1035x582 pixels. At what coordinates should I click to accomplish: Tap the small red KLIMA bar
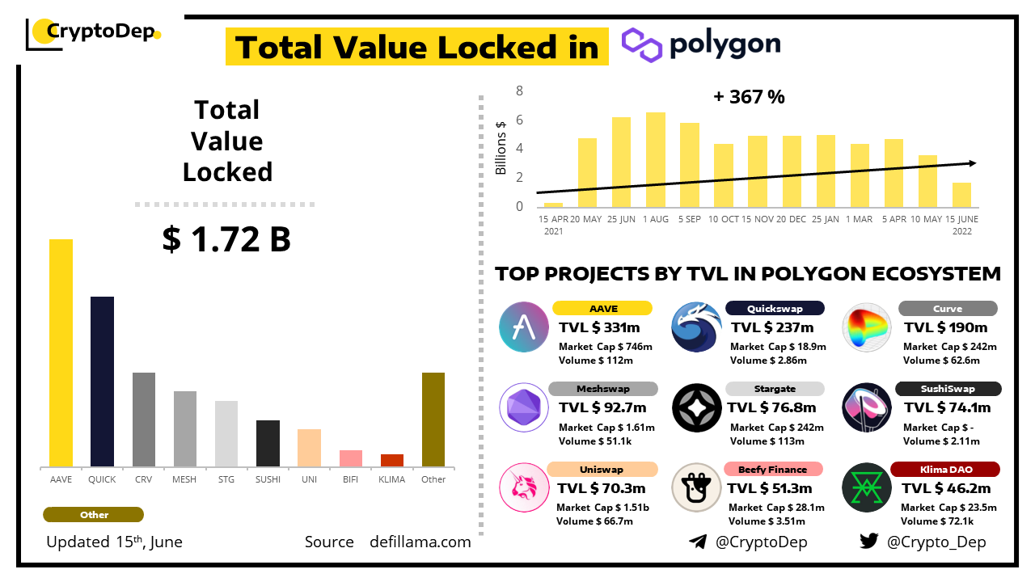[392, 460]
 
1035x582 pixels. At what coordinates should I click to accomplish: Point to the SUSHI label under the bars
[268, 479]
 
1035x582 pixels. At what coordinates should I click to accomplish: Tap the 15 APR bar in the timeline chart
[553, 205]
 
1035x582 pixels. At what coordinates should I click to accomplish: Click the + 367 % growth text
[749, 97]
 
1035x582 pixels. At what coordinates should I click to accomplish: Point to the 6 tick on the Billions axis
[520, 120]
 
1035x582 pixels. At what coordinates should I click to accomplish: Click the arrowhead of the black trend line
[973, 163]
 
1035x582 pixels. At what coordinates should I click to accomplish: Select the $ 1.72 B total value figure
[226, 239]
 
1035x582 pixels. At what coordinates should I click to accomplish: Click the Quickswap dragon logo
[696, 327]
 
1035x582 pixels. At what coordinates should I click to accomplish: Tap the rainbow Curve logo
[867, 327]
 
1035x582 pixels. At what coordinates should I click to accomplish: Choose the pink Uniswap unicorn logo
[524, 487]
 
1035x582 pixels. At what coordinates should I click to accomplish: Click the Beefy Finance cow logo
[696, 487]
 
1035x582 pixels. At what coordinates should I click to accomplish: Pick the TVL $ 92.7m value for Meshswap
[602, 407]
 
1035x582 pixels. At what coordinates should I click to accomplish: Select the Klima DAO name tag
[944, 470]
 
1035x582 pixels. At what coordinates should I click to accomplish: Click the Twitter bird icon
[868, 542]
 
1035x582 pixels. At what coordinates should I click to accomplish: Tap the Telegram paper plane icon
[697, 542]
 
